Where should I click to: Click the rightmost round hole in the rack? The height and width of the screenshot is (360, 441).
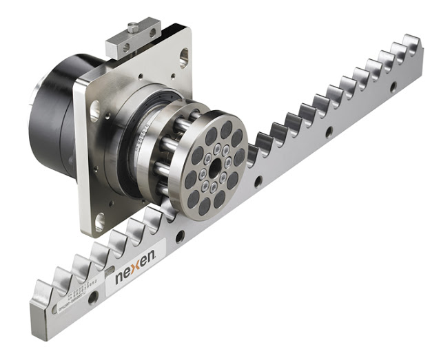tap(393, 87)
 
